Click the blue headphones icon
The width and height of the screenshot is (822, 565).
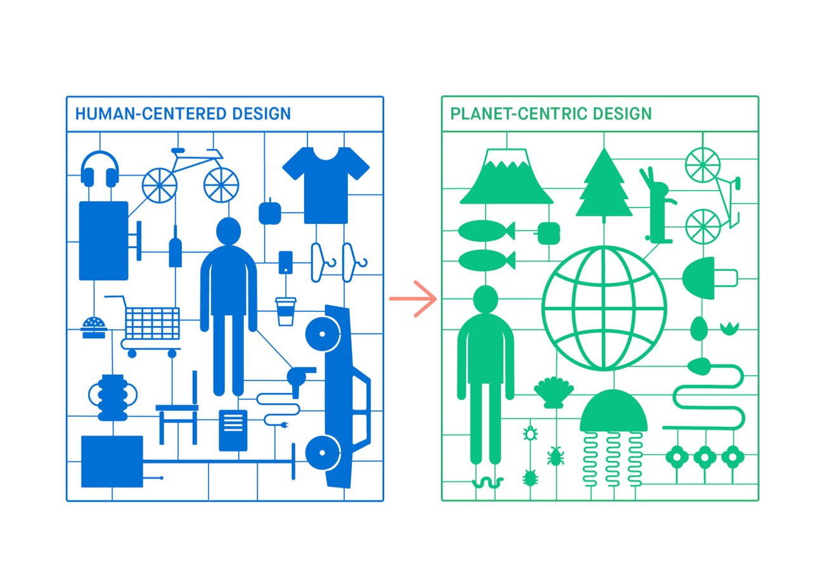(x=100, y=169)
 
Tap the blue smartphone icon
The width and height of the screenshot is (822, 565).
(x=286, y=263)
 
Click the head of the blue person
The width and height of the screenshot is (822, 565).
(x=228, y=231)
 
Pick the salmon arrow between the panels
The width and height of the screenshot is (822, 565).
(x=413, y=298)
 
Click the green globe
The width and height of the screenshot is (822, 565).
(x=604, y=308)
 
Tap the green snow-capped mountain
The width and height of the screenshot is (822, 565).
(x=506, y=177)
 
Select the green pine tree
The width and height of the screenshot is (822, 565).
(x=603, y=183)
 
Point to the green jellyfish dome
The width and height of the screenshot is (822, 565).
(x=613, y=413)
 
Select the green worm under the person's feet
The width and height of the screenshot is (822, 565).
(x=487, y=483)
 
